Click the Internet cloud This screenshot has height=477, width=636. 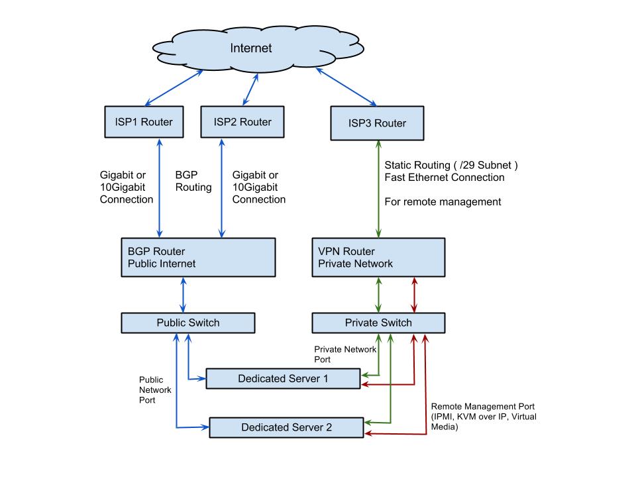coord(258,48)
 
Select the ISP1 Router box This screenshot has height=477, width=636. coord(144,122)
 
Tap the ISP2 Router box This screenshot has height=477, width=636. coord(242,122)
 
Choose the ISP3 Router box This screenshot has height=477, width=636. coord(377,123)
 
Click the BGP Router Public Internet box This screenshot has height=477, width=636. coord(198,258)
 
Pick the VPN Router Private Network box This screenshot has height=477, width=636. coord(378,258)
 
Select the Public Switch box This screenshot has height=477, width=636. coord(188,323)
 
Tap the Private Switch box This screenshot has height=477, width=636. coord(378,323)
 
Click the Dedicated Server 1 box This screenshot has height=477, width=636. coord(283,379)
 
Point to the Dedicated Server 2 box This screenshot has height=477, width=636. coord(286,427)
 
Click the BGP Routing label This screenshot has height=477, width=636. coord(193,181)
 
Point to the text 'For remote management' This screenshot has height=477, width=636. coord(443,202)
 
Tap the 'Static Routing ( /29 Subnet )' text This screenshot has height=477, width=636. coord(451,165)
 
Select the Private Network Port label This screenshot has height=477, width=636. coord(345,354)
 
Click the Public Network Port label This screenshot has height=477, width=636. coord(155,390)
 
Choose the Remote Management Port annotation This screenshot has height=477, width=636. coord(484,417)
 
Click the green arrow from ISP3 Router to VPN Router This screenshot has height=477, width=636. coord(378,189)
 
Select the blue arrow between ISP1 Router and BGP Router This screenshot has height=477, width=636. coord(160,187)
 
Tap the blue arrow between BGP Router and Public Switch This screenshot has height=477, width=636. coord(184,295)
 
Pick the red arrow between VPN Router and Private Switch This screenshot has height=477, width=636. coord(414,295)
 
